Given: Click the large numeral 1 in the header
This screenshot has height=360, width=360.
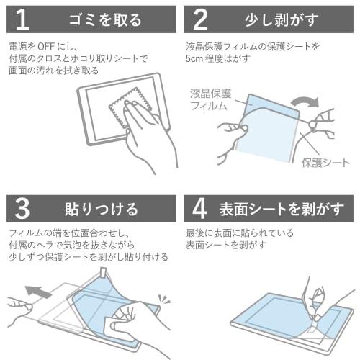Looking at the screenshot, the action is coord(22,19).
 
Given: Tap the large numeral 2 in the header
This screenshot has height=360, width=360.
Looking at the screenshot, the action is coord(200,19).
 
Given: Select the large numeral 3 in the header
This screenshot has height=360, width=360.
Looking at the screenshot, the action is coord(22,209).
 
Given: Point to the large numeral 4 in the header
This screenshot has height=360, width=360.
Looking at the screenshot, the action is coord(199,209).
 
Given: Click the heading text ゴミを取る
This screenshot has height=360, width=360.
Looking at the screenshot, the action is coord(105,19).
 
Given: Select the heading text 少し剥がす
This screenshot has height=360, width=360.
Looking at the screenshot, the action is coord(282,19).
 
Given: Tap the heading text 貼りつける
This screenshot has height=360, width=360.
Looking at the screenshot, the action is coord(102,209).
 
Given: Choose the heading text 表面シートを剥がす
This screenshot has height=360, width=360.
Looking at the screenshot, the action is coord(282,209).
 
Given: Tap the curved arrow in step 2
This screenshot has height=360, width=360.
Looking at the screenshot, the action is coord(305,102).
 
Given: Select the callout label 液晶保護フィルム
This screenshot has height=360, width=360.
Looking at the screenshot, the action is coord(210,99).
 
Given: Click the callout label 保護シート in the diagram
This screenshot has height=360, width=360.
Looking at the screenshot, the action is coord(325,163).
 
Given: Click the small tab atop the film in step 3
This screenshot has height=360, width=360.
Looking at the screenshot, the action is coord(104,272).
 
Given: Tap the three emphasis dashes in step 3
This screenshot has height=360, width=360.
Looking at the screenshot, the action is coord(163,300).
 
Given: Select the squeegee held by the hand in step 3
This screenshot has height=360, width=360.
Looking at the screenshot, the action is coord(109,325).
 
